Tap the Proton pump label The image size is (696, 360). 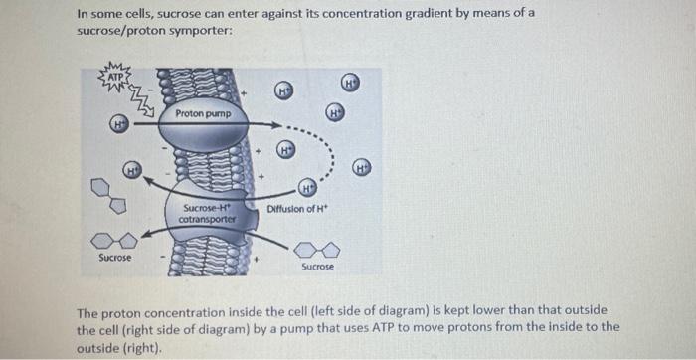(203, 114)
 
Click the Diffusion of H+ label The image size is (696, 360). (297, 208)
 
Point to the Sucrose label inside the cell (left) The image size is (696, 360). (114, 258)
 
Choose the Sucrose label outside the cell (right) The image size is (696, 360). (317, 267)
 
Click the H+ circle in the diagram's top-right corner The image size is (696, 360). (351, 81)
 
